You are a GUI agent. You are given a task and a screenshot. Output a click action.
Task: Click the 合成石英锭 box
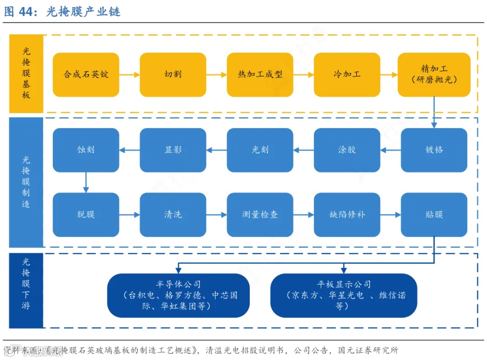(86, 74)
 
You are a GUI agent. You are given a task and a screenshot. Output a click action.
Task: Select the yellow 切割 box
(173, 74)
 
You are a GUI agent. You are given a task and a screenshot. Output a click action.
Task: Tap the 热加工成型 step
(260, 74)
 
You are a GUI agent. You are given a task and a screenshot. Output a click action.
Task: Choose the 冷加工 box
(347, 74)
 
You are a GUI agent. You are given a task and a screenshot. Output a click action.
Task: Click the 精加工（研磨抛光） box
(434, 74)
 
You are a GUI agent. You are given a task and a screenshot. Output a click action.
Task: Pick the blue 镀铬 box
(434, 150)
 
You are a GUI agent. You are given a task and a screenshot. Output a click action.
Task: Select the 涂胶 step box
(347, 150)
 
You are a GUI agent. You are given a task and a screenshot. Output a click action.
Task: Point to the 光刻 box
(260, 150)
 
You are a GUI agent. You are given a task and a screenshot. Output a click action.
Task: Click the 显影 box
(173, 150)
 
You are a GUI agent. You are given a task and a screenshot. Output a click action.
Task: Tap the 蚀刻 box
(86, 150)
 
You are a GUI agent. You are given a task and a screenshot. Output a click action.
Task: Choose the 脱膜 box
(86, 214)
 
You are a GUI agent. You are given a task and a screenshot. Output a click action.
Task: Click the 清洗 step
(173, 214)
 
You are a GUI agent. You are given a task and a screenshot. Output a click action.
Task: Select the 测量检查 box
(260, 214)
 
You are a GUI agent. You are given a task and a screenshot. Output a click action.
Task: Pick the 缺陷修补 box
(347, 214)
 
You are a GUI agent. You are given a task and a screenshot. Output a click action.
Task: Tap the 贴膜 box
(434, 214)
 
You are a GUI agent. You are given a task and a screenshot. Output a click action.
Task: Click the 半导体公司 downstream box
(178, 295)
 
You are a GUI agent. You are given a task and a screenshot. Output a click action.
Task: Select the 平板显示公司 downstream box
(344, 295)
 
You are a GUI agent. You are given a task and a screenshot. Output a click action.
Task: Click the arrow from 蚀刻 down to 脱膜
(86, 182)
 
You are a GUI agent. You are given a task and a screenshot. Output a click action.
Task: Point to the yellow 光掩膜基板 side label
(26, 74)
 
